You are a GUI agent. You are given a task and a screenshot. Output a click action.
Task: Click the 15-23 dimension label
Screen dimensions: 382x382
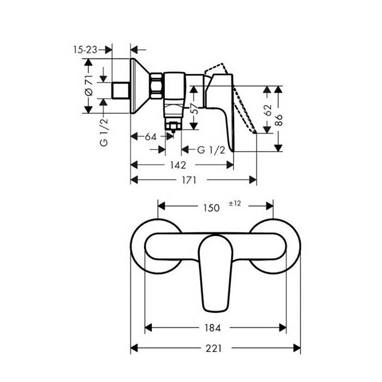click(x=85, y=50)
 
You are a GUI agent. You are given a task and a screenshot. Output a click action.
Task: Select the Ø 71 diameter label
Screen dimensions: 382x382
click(x=88, y=85)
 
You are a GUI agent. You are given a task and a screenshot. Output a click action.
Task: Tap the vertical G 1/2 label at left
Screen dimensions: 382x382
click(x=104, y=133)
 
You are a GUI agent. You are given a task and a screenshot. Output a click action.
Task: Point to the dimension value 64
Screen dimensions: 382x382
click(x=151, y=137)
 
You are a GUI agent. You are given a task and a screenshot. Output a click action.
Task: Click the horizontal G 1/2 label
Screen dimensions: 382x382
click(x=211, y=150)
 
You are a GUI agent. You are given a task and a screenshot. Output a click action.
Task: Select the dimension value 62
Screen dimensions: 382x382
click(x=267, y=110)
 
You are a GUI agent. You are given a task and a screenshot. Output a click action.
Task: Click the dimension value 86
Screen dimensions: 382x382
click(x=278, y=120)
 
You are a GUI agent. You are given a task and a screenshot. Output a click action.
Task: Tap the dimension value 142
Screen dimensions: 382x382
click(x=178, y=165)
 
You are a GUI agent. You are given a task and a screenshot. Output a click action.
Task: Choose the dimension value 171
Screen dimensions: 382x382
click(x=189, y=180)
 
